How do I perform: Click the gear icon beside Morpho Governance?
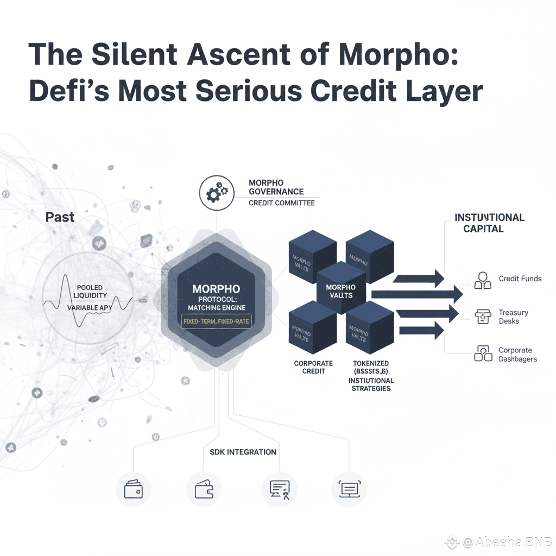tap(217, 192)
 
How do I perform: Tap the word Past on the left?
tap(60, 217)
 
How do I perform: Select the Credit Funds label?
tap(520, 279)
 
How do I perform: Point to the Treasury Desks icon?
tap(482, 317)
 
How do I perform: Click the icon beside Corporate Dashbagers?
tap(482, 355)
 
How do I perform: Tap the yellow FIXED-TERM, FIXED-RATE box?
tap(216, 321)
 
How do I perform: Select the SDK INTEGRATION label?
tap(243, 452)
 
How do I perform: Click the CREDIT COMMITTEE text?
tap(281, 203)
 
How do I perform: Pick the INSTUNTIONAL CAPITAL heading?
tap(489, 223)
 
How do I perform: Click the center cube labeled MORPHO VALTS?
tap(340, 291)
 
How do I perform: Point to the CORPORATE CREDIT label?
tap(313, 367)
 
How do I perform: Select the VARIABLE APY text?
tap(90, 308)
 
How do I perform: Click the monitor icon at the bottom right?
tap(349, 489)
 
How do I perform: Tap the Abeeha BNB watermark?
tap(506, 542)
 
